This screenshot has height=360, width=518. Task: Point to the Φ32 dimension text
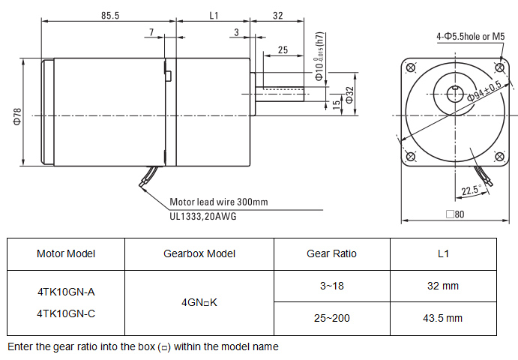click(x=349, y=95)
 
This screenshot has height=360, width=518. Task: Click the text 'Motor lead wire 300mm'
click(x=218, y=202)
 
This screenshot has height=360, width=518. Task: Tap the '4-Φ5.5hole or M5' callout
click(x=472, y=36)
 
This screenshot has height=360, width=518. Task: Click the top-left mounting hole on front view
click(x=409, y=69)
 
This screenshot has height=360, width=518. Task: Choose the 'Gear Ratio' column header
click(x=332, y=253)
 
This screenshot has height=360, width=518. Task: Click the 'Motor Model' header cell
click(x=66, y=253)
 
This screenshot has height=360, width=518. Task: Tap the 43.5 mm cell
click(x=441, y=319)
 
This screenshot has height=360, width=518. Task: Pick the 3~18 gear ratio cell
click(x=332, y=286)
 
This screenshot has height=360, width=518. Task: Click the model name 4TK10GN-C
click(x=66, y=314)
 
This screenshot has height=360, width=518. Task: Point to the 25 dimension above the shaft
click(x=283, y=49)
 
